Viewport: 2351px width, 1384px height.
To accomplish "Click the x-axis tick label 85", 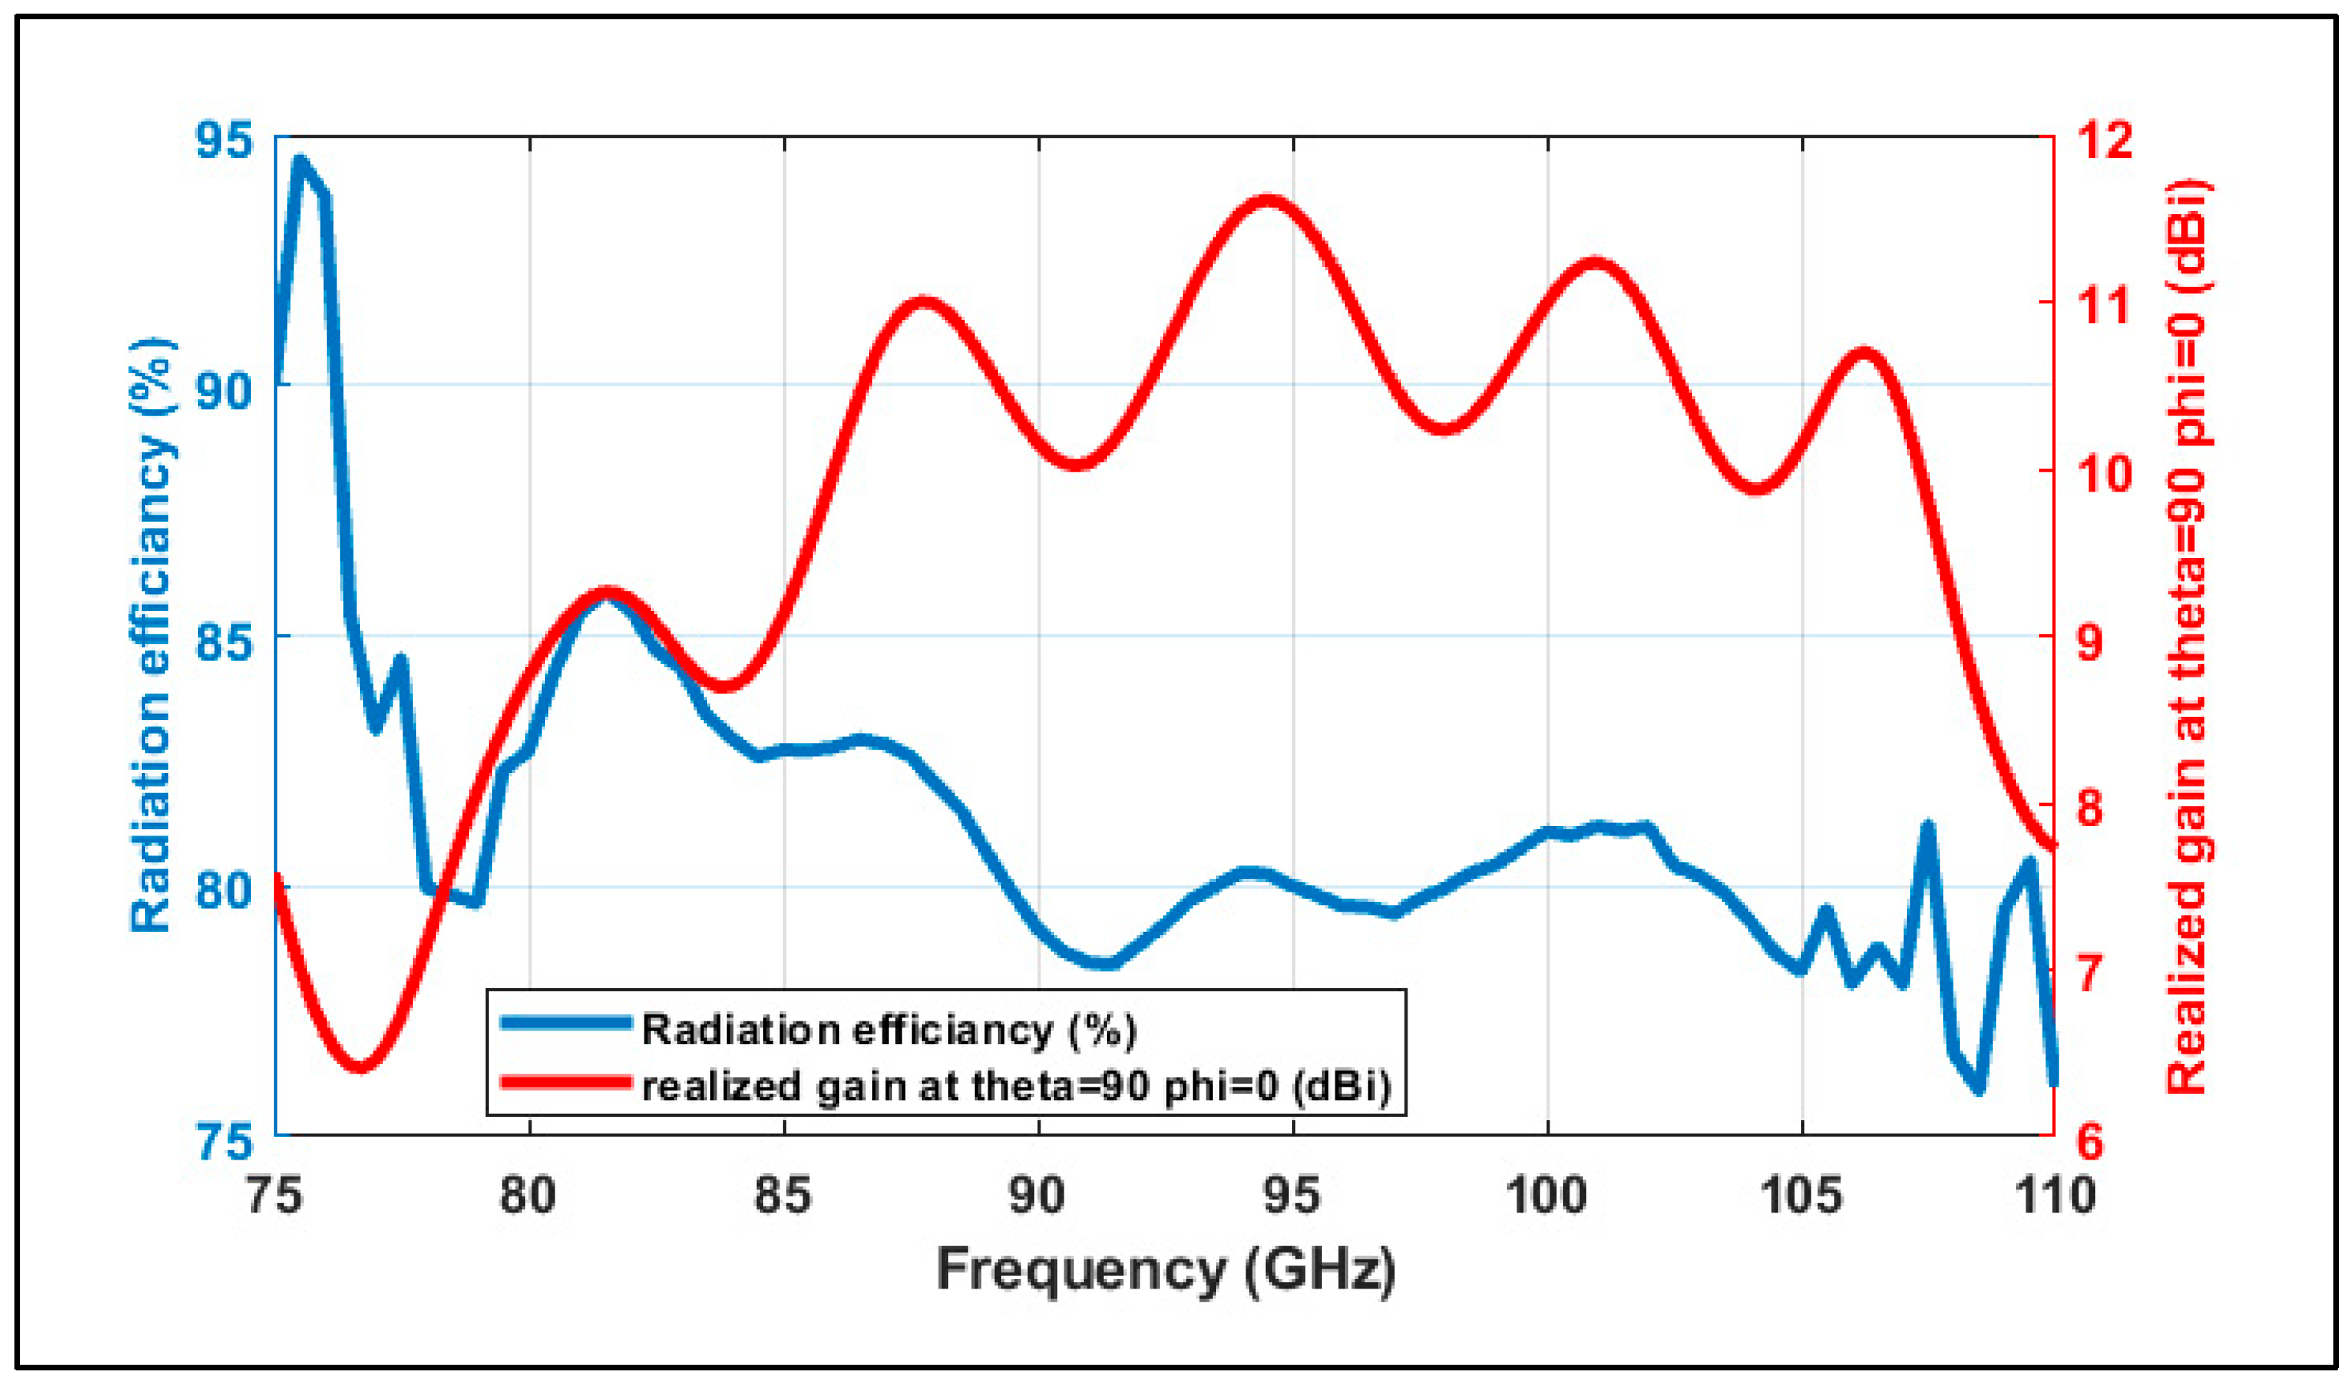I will pos(784,1196).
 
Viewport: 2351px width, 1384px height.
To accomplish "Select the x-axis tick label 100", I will pos(1547,1196).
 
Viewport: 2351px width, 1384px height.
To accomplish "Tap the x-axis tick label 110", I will pos(2054,1196).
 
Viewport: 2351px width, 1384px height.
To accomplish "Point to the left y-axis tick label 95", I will pos(223,141).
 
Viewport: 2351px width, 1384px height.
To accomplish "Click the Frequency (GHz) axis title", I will pos(1165,1270).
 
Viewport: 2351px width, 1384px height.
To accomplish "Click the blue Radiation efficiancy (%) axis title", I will pos(152,634).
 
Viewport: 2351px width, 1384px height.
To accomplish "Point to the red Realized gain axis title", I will pos(2186,634).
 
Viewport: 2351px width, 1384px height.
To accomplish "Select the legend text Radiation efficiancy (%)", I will pos(888,1030).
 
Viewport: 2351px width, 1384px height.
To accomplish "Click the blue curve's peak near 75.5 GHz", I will pos(300,161).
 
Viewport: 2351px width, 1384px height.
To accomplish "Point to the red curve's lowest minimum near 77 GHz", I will pos(361,1066).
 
